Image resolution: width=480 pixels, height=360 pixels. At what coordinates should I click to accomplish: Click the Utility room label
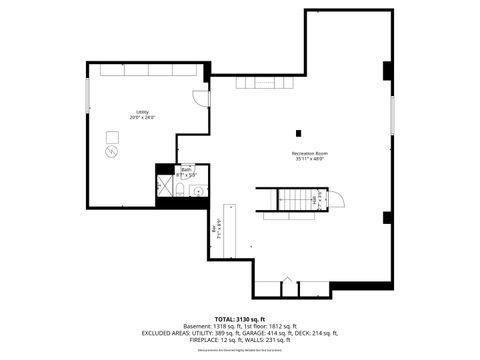click(x=143, y=114)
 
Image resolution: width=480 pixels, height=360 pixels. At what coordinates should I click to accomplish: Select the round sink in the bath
click(x=197, y=190)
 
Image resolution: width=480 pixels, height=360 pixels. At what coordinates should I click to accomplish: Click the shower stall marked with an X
click(x=164, y=188)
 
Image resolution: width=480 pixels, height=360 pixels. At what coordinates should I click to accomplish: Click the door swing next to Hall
click(x=336, y=198)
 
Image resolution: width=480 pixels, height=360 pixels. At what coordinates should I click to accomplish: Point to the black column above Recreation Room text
click(x=298, y=132)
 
